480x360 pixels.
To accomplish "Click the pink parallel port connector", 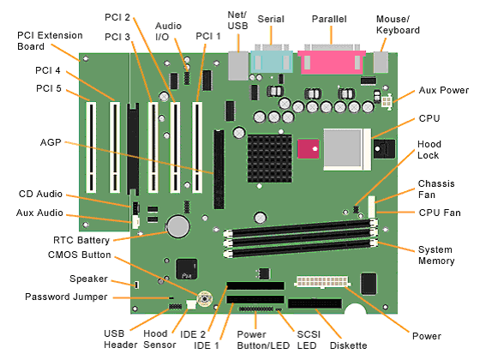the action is click(332, 62).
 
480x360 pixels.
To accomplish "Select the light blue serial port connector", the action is click(272, 62).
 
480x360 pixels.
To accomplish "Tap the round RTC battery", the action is click(178, 226).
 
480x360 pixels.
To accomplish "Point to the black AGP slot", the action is click(219, 170).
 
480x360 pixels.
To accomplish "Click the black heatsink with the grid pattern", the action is click(270, 159).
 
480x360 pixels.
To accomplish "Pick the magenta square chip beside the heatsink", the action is click(309, 149).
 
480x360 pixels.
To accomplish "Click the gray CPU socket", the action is click(347, 149).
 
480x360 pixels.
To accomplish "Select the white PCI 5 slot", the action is click(91, 147).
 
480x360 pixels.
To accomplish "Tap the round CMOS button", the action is click(205, 298).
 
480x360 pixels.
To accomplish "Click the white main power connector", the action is click(322, 281).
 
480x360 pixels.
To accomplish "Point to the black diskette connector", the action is click(315, 303).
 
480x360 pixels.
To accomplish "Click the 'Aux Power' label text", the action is click(444, 90).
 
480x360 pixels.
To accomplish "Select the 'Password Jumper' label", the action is click(66, 297).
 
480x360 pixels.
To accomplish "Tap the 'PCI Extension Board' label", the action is click(50, 41).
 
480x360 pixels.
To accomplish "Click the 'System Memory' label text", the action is click(436, 255).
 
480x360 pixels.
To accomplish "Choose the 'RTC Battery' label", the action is click(81, 240).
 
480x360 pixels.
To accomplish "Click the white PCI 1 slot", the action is click(197, 147).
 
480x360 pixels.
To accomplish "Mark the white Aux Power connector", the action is click(387, 101).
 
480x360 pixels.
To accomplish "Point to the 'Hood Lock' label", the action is click(429, 150).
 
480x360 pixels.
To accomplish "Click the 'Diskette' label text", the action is click(348, 345).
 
